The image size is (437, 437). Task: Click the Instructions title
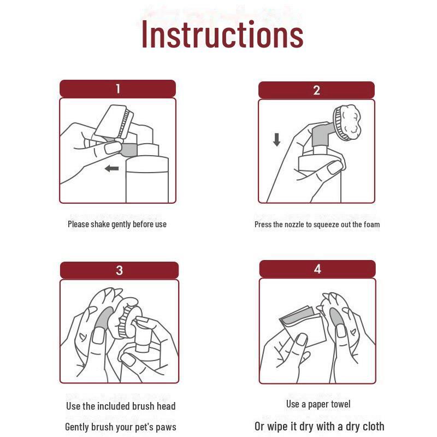pyautogui.click(x=222, y=34)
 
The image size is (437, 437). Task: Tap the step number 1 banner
pyautogui.click(x=117, y=88)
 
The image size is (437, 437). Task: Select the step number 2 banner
pyautogui.click(x=316, y=90)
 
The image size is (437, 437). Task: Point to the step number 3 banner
pyautogui.click(x=119, y=270)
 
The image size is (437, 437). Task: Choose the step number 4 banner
pyautogui.click(x=317, y=269)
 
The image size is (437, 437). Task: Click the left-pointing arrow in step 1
pyautogui.click(x=112, y=168)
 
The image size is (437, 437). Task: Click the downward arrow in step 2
pyautogui.click(x=277, y=140)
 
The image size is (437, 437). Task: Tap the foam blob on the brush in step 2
pyautogui.click(x=351, y=121)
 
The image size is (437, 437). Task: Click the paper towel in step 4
pyautogui.click(x=303, y=324)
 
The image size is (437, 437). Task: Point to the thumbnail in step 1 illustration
pyautogui.click(x=113, y=148)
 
